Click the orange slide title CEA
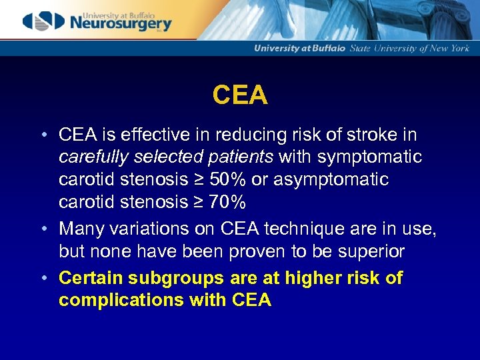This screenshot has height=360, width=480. click(x=240, y=95)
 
